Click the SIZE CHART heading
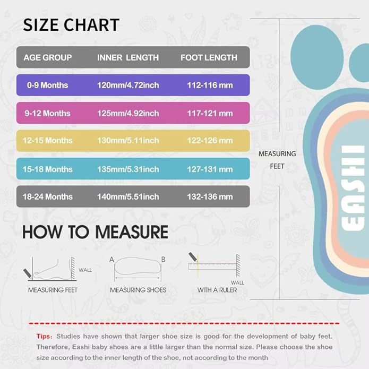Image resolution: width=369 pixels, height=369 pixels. click(x=71, y=25)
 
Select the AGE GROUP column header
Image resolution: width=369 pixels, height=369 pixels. click(x=48, y=57)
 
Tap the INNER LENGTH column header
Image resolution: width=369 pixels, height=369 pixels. click(x=128, y=57)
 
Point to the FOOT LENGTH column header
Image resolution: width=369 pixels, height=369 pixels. click(x=209, y=57)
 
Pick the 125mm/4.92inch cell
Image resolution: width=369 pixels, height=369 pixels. click(x=128, y=113)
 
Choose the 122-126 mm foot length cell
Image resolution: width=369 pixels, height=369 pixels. click(x=210, y=141)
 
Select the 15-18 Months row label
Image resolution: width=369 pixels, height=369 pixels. click(x=48, y=169)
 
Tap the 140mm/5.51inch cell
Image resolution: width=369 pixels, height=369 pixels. click(x=128, y=196)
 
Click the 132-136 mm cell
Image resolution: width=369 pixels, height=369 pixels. click(x=210, y=196)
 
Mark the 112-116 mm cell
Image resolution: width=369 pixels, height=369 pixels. click(x=210, y=85)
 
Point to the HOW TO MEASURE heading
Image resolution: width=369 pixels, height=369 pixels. click(x=95, y=232)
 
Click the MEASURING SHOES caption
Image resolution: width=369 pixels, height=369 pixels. click(x=138, y=290)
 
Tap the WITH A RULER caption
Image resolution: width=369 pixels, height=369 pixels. click(x=214, y=290)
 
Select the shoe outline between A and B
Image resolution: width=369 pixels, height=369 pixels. click(x=138, y=268)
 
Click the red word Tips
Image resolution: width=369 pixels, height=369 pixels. click(x=44, y=336)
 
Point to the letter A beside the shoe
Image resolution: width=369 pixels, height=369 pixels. click(x=112, y=259)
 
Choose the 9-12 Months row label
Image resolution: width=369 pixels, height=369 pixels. click(x=47, y=113)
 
